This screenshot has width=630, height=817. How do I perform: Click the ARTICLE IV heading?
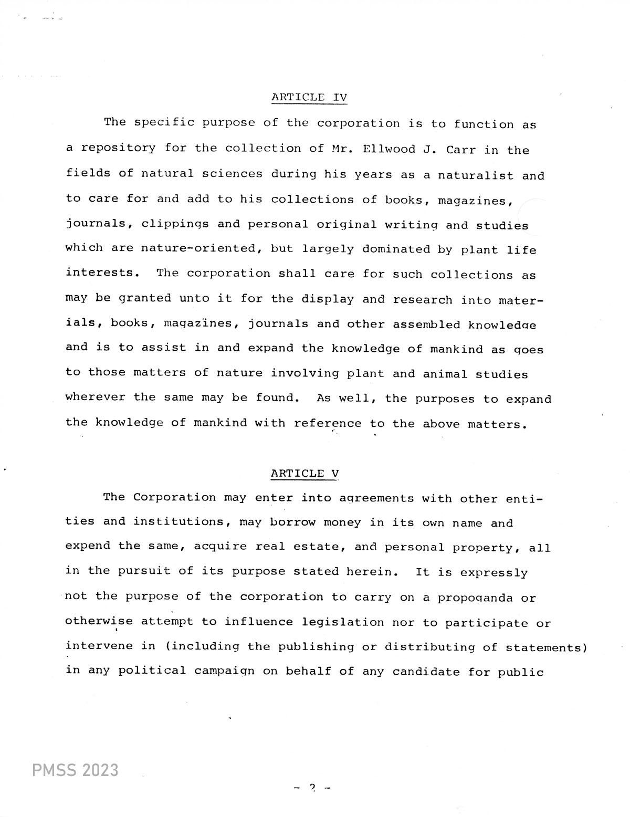pos(309,97)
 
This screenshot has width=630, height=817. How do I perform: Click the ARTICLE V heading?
pos(304,473)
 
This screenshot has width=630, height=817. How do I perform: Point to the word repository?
pos(118,149)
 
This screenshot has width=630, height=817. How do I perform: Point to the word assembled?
pos(426,324)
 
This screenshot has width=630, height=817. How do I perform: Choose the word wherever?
pos(95,397)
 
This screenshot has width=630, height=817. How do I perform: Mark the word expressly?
pos(494,572)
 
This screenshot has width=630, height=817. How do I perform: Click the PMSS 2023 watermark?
pos(75,770)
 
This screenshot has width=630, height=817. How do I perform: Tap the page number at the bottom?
pos(313,787)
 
